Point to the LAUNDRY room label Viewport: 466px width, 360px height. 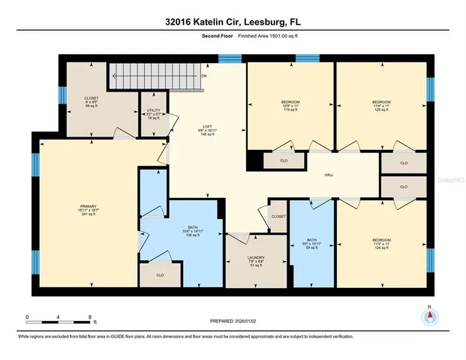pos(255,261)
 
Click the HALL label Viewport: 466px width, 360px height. pos(328,175)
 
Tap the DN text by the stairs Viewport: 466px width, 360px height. pos(204,76)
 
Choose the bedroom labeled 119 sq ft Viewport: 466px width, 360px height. pos(290,106)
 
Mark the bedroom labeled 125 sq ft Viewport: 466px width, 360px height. pos(383,106)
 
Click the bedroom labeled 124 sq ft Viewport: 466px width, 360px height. pos(381,244)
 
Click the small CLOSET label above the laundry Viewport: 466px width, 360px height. pos(278,216)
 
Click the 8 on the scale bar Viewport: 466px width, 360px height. pos(89,317)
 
